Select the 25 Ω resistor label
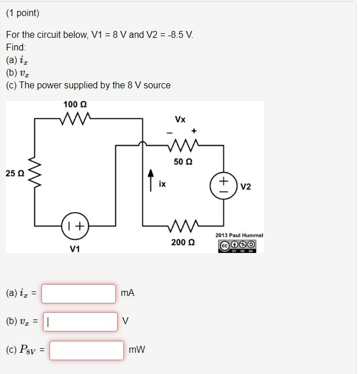click(x=14, y=173)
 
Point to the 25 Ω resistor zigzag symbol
click(x=34, y=172)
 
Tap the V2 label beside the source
click(x=246, y=186)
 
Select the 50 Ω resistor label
click(x=181, y=162)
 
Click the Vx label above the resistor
click(x=180, y=119)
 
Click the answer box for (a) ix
click(x=79, y=293)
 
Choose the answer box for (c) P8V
click(x=86, y=350)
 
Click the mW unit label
click(x=137, y=350)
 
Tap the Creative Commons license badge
click(x=237, y=245)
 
